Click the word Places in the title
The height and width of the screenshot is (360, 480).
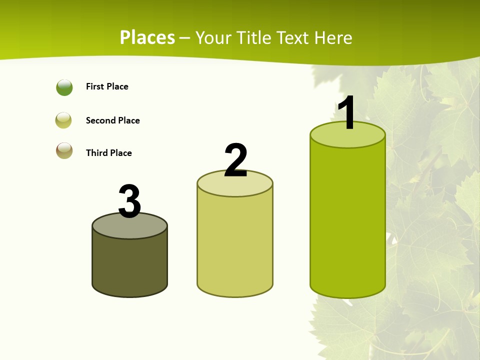coord(147,37)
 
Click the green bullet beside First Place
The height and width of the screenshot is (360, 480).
coord(64,87)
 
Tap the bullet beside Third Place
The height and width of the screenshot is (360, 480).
coord(64,150)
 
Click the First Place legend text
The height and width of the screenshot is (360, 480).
coord(107,86)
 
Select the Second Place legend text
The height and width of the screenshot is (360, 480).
coord(112,120)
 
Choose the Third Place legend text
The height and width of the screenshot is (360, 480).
coord(108,153)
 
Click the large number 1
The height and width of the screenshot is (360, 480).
coord(347,113)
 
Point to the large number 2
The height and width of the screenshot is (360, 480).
coord(236,160)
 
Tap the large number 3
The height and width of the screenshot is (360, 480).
coord(130,201)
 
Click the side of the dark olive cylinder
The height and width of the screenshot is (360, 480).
coord(130,265)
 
